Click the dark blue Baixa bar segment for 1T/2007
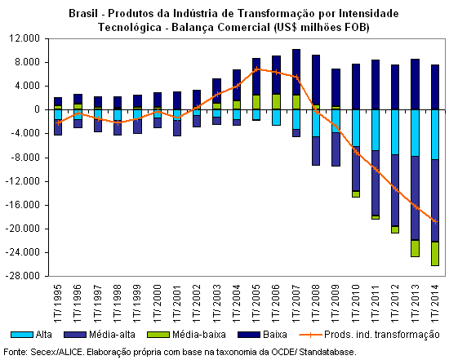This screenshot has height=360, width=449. coord(296,72)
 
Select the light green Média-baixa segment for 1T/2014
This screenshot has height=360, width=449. coord(435,254)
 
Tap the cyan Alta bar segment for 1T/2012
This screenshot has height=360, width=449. coord(395,132)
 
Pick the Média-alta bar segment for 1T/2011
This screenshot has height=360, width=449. coord(376,183)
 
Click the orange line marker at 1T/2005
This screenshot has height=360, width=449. coord(257,69)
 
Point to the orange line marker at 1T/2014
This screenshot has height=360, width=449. coord(435,221)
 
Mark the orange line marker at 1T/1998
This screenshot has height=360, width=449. coord(118,122)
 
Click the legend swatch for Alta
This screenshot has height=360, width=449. coord(22,335)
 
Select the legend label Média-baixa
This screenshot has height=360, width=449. coord(199,335)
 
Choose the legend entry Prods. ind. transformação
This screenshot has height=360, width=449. coord(369,335)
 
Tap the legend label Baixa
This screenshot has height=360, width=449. coord(275,335)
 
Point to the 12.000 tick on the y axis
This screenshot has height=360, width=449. coord(24,38)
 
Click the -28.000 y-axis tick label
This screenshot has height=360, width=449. coord(23,276)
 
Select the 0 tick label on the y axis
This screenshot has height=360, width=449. coord(37,109)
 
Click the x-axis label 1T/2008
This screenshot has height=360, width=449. coord(316,303)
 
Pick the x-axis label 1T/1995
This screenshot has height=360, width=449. coord(58,303)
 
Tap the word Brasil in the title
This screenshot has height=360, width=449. coord(82,13)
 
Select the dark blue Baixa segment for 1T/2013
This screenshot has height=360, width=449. coord(416,84)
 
